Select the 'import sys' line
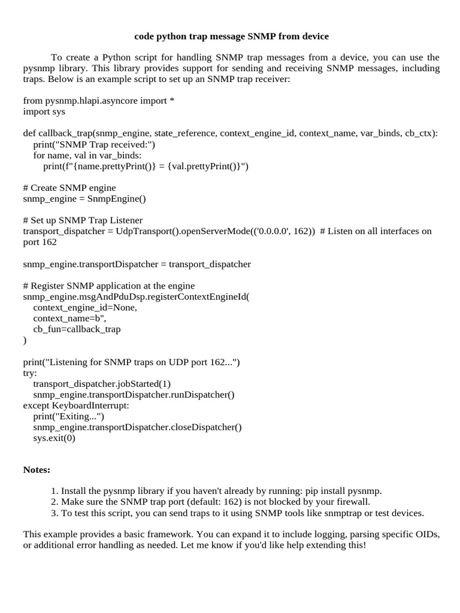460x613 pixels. [x=44, y=111]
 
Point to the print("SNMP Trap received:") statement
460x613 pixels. [x=94, y=144]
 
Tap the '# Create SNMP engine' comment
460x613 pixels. [x=69, y=188]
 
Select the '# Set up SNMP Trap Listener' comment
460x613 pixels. [x=83, y=220]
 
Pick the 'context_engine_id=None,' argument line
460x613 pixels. [x=85, y=308]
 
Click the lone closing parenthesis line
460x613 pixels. [x=25, y=340]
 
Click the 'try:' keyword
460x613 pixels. [x=30, y=373]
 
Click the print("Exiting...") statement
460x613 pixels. [x=69, y=416]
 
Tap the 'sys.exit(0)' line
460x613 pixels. [x=55, y=438]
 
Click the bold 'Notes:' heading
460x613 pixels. [x=37, y=470]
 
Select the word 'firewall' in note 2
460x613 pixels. [x=353, y=502]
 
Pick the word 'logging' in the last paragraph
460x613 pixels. [x=322, y=535]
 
